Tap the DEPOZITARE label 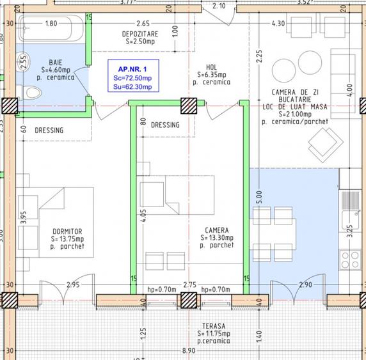click(x=141, y=33)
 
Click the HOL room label click(x=212, y=67)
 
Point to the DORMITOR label click(x=68, y=231)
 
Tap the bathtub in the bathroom click(x=52, y=29)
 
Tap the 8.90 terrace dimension click(x=189, y=350)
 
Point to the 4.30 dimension click(x=278, y=23)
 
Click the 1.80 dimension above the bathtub click(x=51, y=23)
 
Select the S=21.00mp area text click(x=295, y=113)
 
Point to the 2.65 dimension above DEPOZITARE click(x=142, y=23)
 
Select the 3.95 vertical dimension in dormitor click(x=23, y=217)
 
